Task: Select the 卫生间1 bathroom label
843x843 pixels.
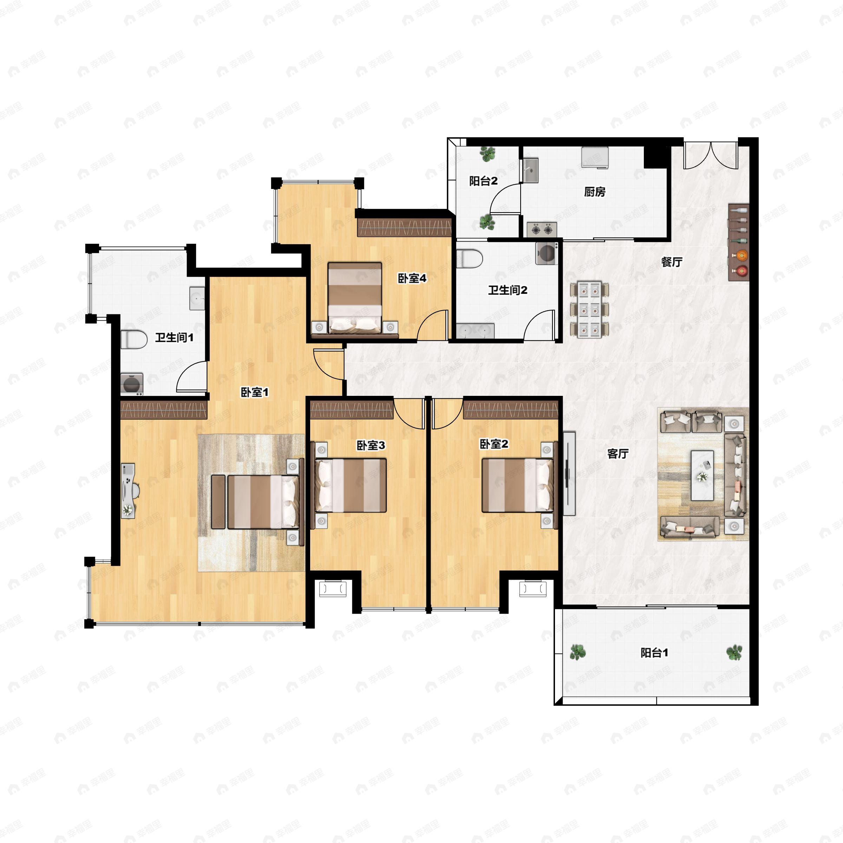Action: coord(175,337)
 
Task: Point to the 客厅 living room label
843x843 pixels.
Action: coord(618,454)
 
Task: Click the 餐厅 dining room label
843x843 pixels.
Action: coord(672,262)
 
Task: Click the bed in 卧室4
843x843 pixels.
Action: coord(355,298)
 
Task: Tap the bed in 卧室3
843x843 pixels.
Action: coord(351,485)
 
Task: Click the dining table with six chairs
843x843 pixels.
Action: coord(589,310)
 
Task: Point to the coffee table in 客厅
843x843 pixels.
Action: coord(702,475)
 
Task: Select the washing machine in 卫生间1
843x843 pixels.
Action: coord(132,384)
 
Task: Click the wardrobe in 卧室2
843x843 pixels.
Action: coord(510,410)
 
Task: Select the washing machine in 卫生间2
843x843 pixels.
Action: coord(547,253)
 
